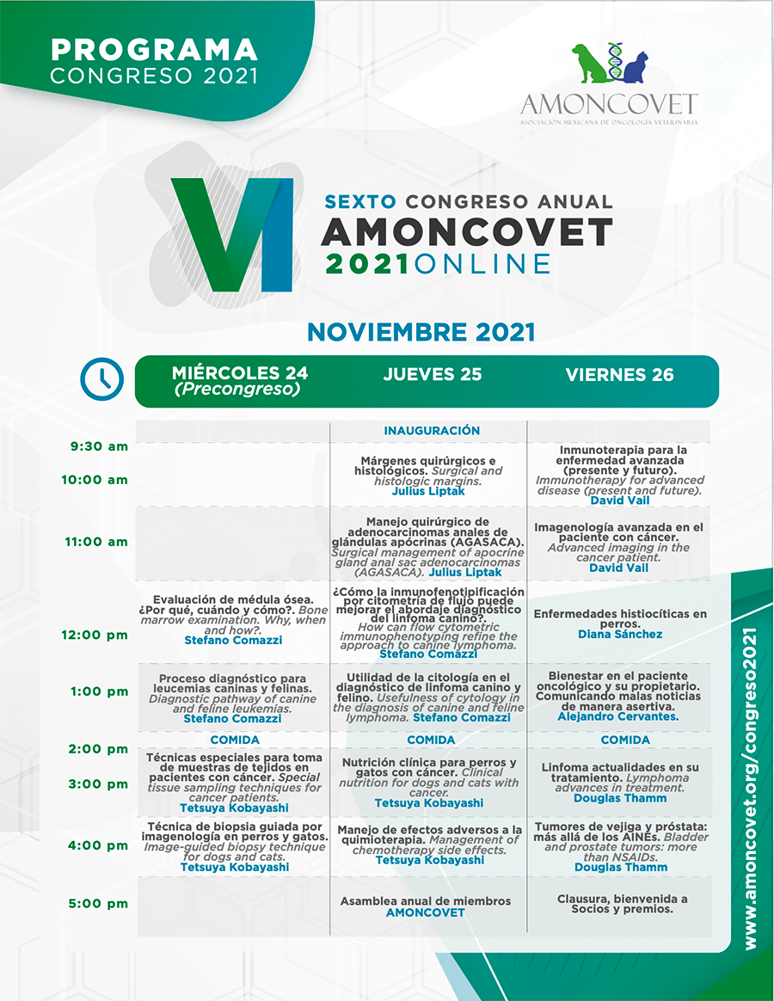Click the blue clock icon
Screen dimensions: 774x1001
click(x=102, y=379)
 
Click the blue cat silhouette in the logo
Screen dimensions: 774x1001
click(x=635, y=68)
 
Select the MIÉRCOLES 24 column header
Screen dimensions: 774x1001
click(x=239, y=380)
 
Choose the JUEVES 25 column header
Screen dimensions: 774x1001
click(x=433, y=375)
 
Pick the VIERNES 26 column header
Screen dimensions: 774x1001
click(x=619, y=375)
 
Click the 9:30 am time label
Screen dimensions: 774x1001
click(x=99, y=446)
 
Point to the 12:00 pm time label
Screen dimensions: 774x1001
click(x=95, y=635)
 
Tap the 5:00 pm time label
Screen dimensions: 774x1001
click(x=98, y=903)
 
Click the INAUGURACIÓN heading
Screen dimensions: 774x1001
click(x=432, y=431)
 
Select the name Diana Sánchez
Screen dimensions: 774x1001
click(x=620, y=634)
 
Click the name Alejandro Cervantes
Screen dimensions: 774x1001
click(x=618, y=716)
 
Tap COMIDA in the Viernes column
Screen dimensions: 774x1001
click(x=625, y=740)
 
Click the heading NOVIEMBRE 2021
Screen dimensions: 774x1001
click(x=421, y=332)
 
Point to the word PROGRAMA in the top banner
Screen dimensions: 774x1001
click(x=154, y=50)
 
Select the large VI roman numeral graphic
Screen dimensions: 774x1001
click(x=232, y=234)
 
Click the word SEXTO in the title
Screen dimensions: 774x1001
click(x=361, y=202)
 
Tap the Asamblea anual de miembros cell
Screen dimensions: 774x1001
click(x=426, y=906)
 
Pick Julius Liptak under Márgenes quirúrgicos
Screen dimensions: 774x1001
click(x=428, y=491)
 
